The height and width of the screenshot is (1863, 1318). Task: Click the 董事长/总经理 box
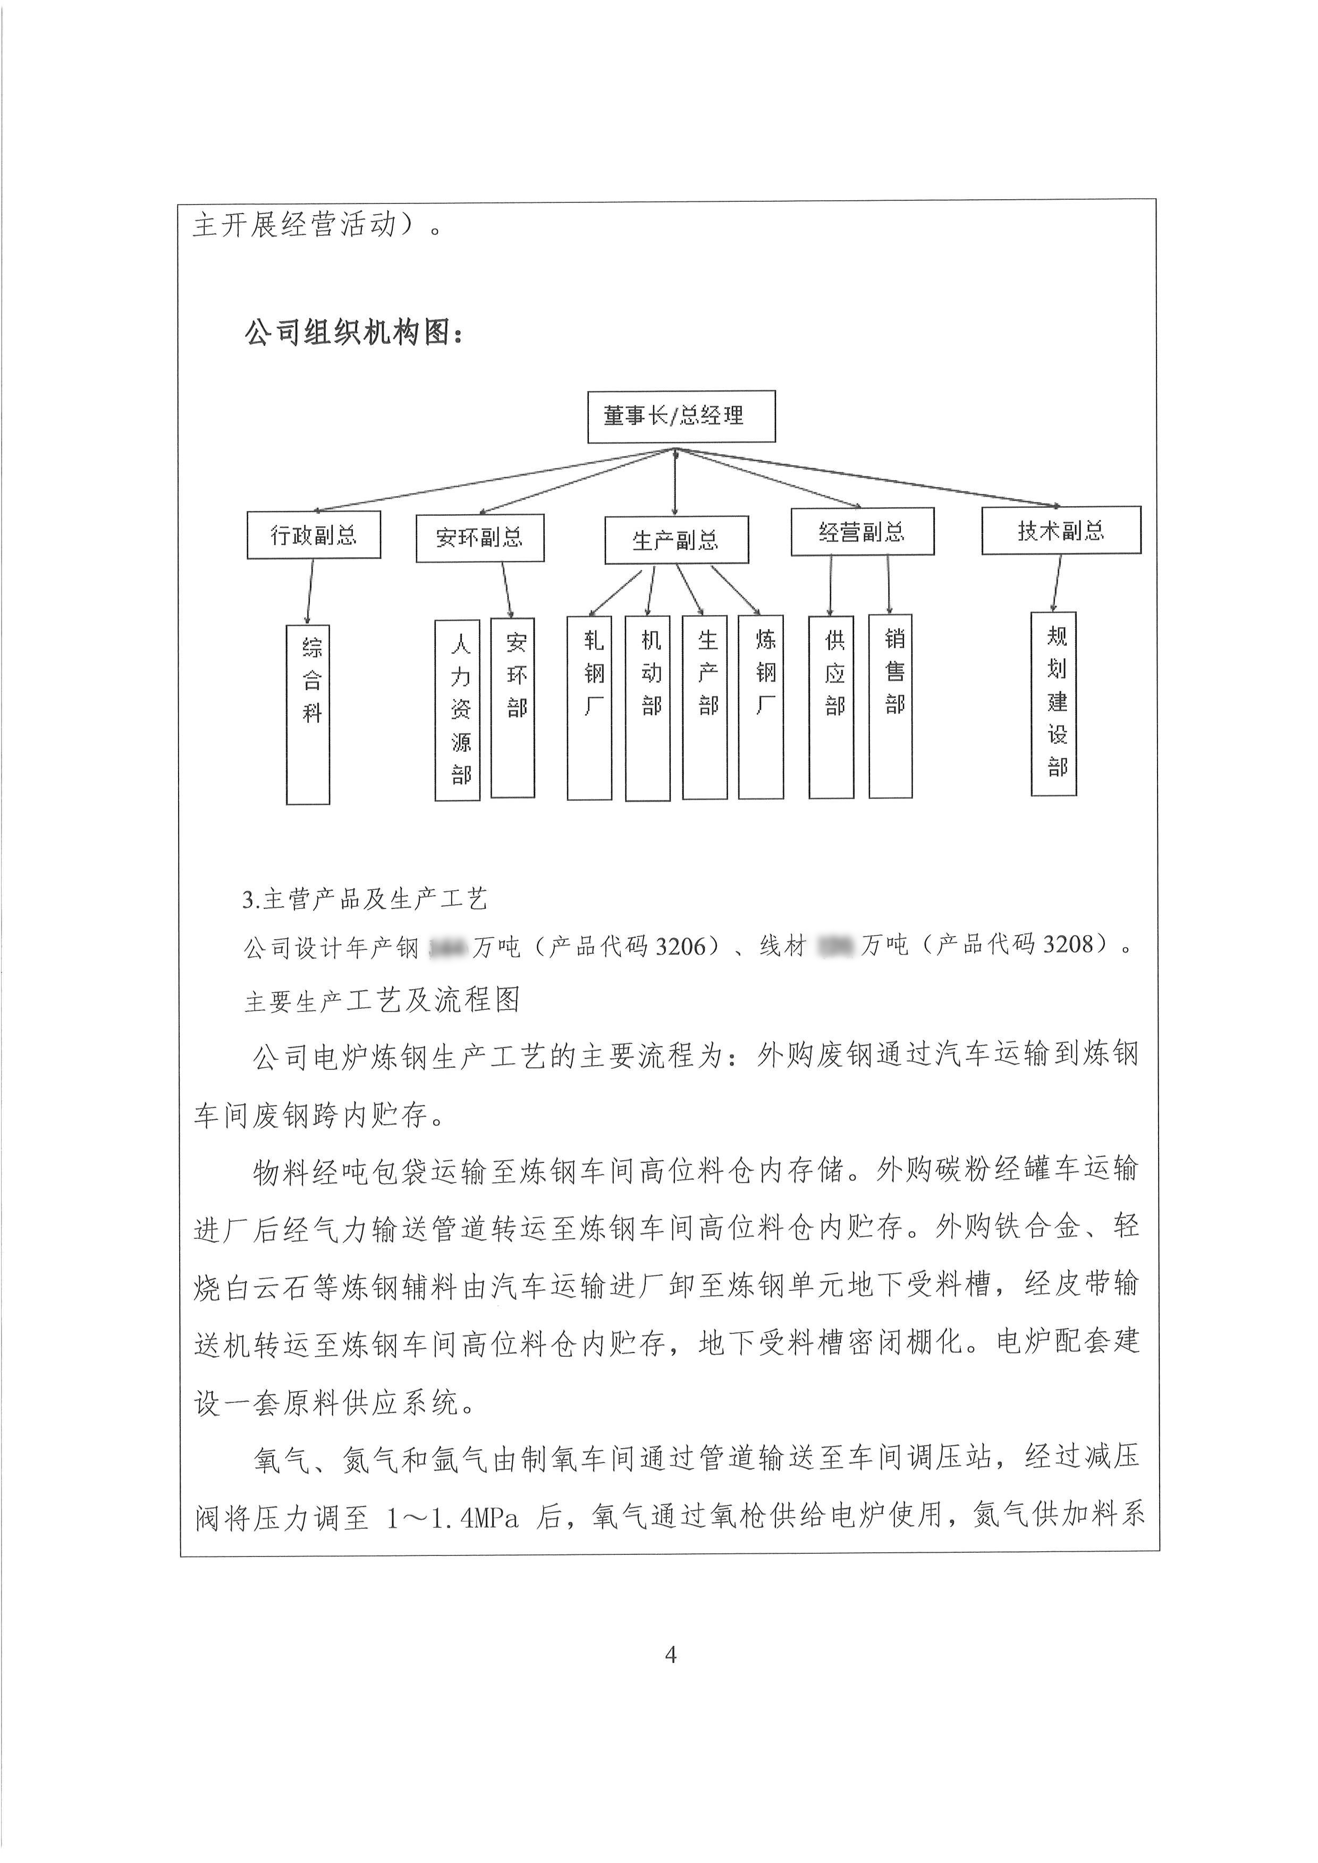click(681, 416)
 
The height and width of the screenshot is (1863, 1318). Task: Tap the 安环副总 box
click(480, 537)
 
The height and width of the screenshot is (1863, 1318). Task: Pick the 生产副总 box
click(676, 540)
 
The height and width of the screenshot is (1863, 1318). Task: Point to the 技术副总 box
click(1061, 531)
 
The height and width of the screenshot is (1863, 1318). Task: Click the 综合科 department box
click(308, 714)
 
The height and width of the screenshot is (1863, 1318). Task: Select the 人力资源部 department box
click(458, 711)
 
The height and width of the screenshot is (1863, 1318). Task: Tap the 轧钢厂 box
click(590, 708)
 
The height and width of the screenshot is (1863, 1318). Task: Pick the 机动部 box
click(648, 708)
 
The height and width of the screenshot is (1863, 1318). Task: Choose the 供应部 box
click(832, 706)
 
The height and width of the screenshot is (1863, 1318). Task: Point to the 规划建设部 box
click(1053, 703)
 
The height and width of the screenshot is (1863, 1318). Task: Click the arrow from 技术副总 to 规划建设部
click(1056, 583)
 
